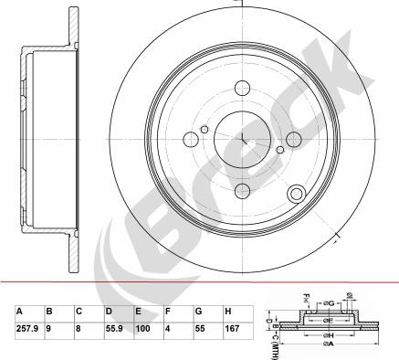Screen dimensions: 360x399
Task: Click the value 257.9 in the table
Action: point(28,328)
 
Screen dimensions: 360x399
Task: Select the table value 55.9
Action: point(116,328)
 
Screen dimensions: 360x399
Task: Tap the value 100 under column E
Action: point(142,328)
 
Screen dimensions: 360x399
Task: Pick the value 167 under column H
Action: point(232,328)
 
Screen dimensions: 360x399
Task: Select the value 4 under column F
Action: point(167,328)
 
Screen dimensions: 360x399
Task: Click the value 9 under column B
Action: point(48,328)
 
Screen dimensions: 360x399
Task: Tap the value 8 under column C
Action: point(79,328)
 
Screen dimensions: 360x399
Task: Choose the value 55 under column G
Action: point(200,328)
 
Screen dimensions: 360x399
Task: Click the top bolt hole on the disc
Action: point(242,89)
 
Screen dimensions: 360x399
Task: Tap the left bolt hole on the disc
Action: point(191,139)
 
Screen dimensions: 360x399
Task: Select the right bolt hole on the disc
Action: point(293,139)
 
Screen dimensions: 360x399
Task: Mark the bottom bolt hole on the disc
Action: point(242,190)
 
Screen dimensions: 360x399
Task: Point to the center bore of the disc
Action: point(242,139)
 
